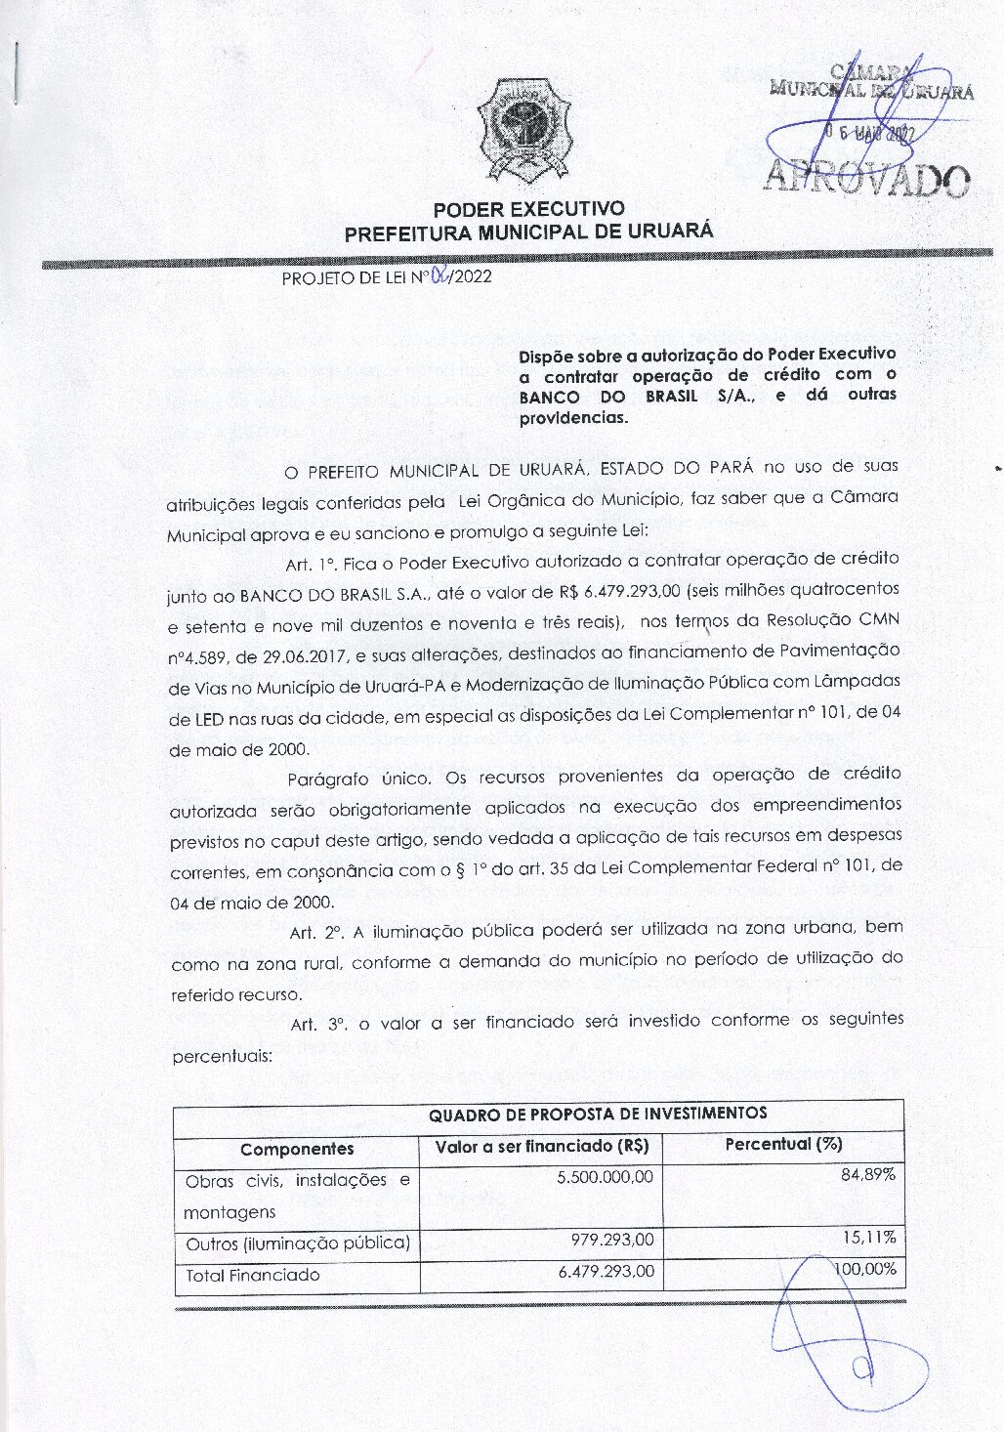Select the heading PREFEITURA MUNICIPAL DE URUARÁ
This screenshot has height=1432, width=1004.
528,232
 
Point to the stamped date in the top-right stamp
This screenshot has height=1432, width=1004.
866,135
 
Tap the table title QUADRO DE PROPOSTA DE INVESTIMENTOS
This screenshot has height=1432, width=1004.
598,1114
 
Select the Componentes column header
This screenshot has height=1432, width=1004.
297,1149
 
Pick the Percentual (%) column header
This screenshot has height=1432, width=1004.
783,1144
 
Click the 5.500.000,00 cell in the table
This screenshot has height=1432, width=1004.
605,1177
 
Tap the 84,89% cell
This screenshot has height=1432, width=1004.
868,1174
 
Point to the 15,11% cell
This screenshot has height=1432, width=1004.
869,1238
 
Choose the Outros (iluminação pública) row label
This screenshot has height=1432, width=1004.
297,1243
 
